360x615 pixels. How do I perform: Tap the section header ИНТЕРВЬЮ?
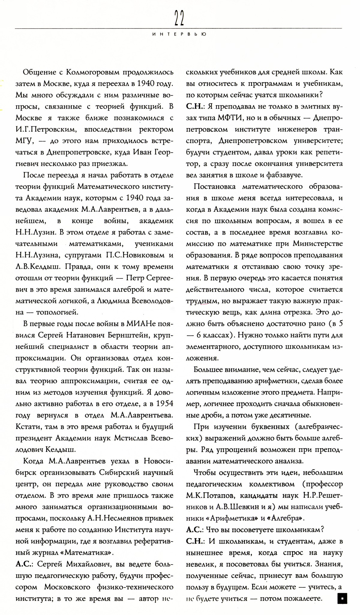pos(179,34)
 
